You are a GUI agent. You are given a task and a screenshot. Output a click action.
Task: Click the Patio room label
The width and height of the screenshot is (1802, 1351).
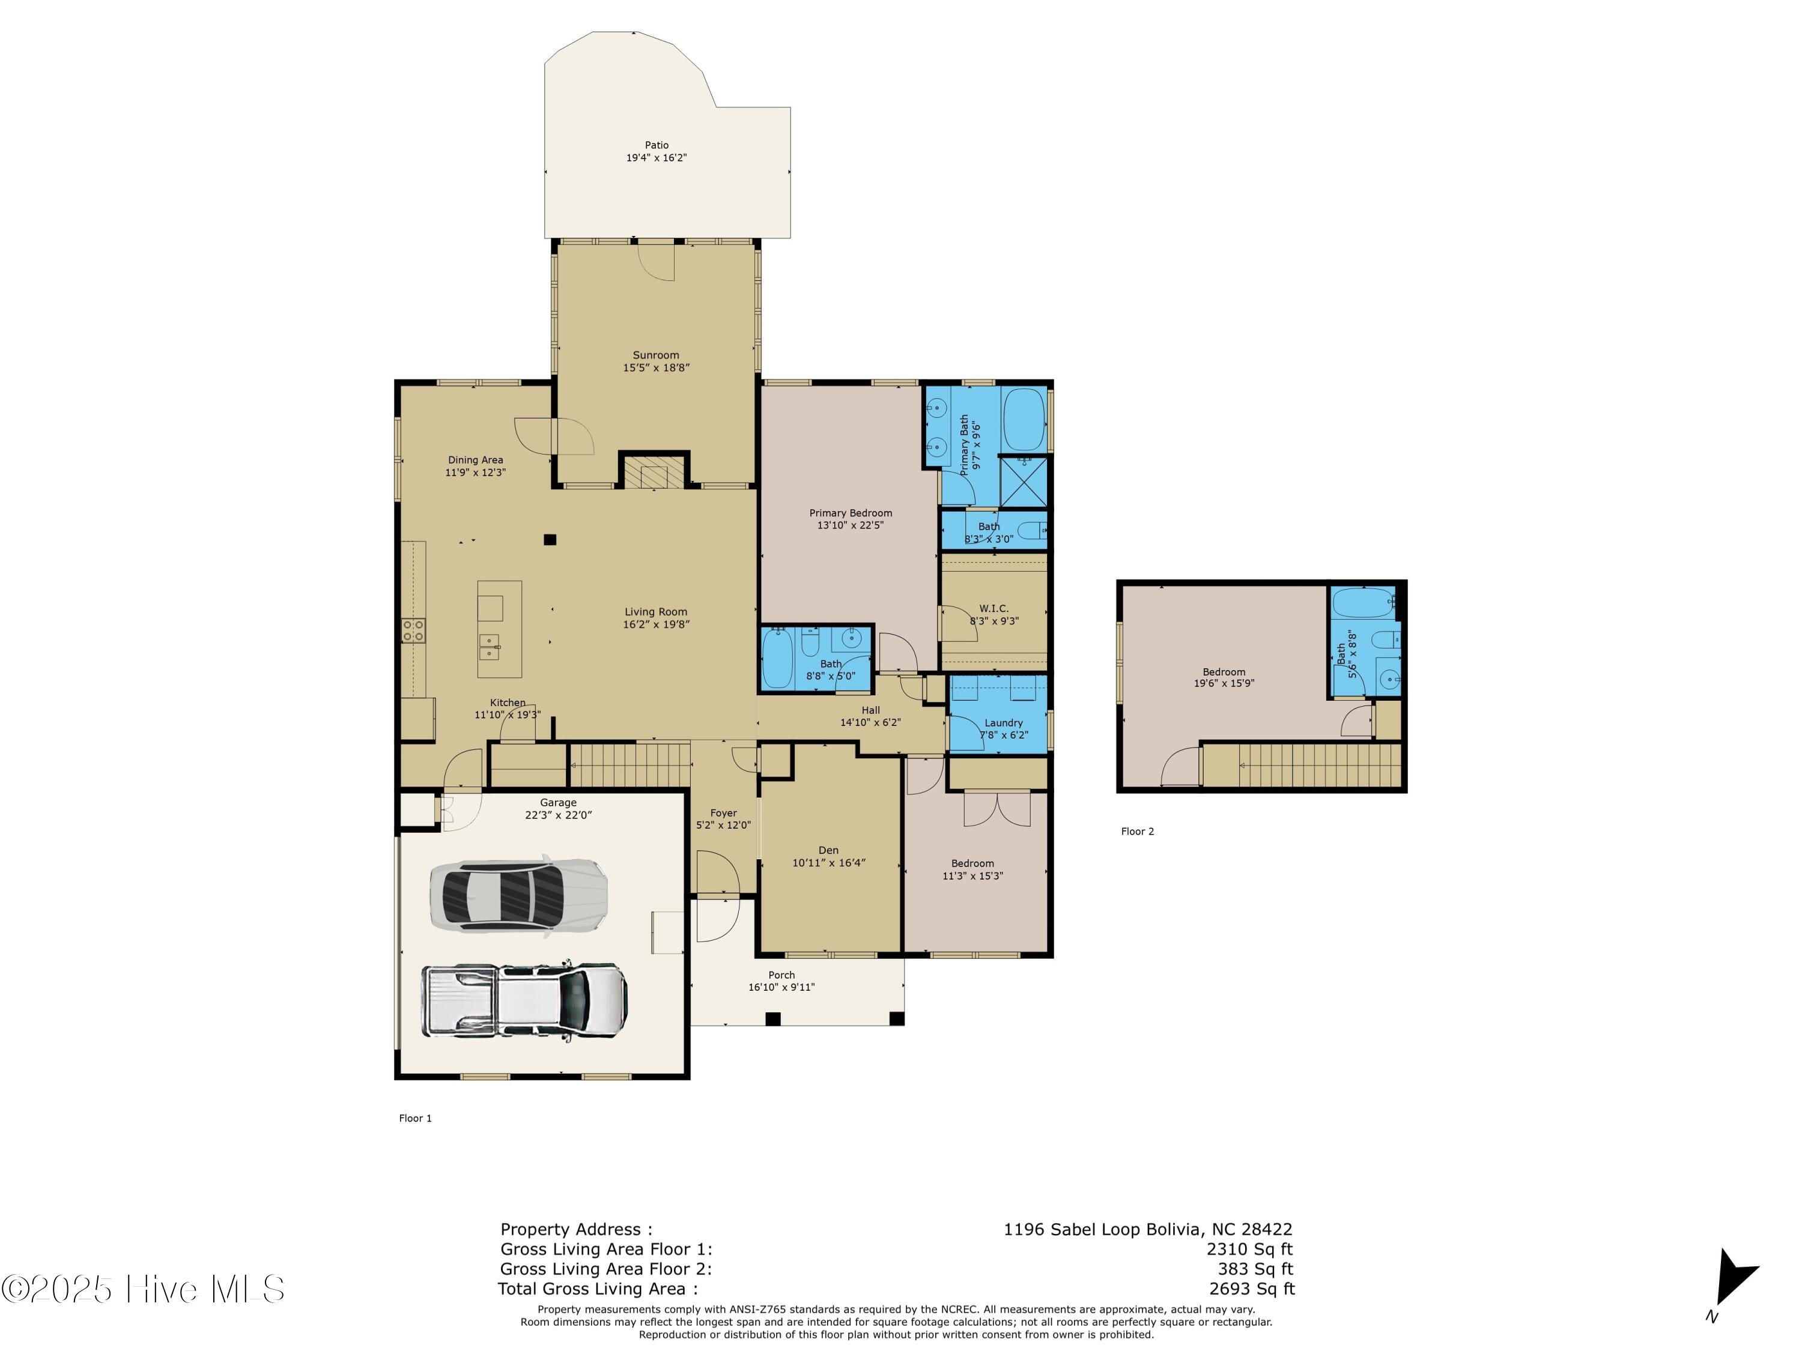[x=657, y=145]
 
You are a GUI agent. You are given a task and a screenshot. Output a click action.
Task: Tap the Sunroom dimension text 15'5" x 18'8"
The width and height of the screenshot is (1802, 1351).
[x=656, y=368]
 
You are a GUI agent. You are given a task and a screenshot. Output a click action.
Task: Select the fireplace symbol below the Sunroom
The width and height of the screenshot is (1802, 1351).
[x=654, y=473]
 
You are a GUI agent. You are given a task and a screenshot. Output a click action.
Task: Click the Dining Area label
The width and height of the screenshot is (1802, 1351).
[x=475, y=460]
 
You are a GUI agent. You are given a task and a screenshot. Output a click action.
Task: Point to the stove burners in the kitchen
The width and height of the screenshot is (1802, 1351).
[x=413, y=630]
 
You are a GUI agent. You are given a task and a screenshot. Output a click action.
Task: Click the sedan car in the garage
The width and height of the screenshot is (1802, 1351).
[x=519, y=893]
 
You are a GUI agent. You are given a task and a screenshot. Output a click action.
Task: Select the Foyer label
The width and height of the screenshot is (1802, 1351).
[x=723, y=813]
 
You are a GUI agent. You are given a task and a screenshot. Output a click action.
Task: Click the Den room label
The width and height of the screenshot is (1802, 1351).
[x=828, y=850]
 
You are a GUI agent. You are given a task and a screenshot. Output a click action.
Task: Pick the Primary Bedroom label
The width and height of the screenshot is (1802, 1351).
[x=851, y=513]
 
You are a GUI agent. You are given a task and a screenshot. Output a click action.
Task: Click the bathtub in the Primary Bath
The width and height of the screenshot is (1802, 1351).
[x=1023, y=419]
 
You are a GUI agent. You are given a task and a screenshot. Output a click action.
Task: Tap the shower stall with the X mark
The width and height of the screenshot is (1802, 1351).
[x=1022, y=482]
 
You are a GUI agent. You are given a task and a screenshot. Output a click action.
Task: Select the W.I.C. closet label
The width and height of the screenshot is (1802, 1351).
[x=994, y=608]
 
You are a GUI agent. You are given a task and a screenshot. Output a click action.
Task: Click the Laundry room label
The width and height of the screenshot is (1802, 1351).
[x=1004, y=722]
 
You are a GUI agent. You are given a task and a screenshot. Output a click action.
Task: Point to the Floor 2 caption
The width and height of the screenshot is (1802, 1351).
[x=1137, y=832]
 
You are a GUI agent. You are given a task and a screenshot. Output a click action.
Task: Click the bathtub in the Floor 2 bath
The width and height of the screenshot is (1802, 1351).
[x=1364, y=603]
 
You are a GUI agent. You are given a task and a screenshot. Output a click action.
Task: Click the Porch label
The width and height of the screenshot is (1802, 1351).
[x=781, y=975]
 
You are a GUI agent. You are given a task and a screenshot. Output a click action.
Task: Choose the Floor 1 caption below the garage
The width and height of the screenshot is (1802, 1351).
[x=416, y=1118]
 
